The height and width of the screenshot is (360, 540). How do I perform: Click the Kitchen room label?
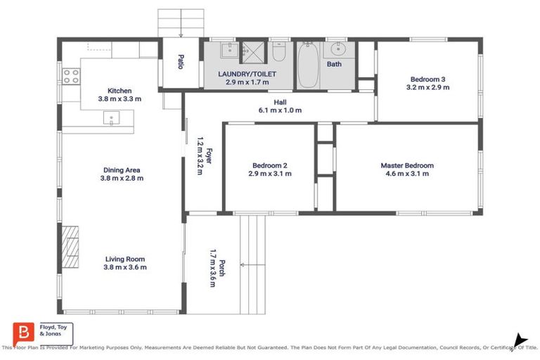click(120, 91)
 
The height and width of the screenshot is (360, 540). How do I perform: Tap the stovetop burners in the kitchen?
click(71, 76)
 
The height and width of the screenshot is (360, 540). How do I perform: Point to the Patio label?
click(180, 63)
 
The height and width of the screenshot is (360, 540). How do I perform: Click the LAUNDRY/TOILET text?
click(246, 73)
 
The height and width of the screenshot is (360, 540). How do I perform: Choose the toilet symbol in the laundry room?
click(278, 53)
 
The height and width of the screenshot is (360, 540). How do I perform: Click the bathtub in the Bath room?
click(307, 66)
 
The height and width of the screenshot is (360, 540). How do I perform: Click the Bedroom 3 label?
click(427, 79)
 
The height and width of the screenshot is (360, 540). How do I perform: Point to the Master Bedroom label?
click(407, 166)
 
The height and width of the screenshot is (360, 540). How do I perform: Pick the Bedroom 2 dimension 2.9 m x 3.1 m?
click(269, 174)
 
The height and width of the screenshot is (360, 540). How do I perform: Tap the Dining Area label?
click(122, 169)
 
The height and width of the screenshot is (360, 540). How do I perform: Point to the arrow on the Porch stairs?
click(243, 265)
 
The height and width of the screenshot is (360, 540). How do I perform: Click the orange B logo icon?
click(22, 333)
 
